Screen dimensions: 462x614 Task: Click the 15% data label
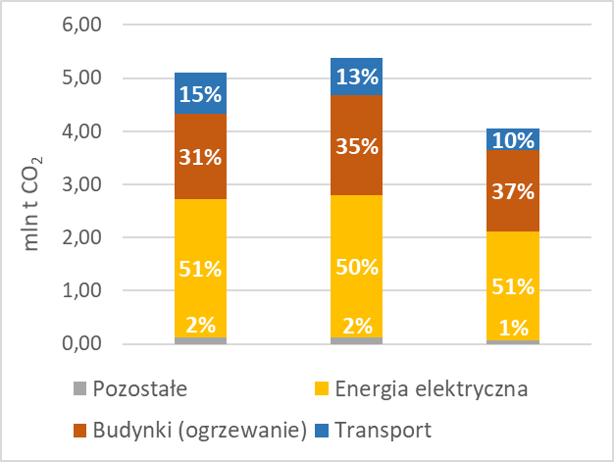point(201,95)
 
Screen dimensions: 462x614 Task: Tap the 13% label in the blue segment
point(357,77)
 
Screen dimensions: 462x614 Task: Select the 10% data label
point(513,141)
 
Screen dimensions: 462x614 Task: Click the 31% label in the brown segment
point(201,156)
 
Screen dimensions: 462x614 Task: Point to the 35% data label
point(357,146)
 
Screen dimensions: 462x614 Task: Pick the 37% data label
point(513,191)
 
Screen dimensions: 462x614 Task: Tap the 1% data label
point(513,328)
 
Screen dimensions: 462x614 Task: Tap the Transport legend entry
point(384,430)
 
